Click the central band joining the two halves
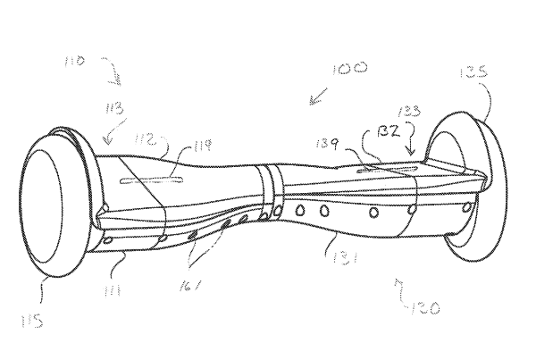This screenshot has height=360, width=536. click(270, 189)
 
